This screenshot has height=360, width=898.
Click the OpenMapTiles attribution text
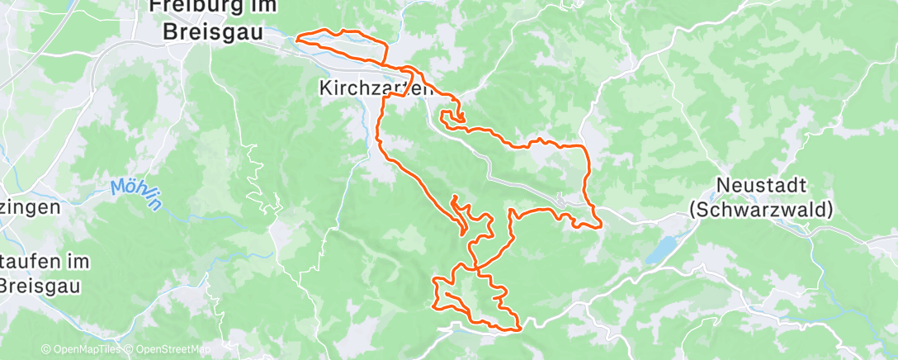86,349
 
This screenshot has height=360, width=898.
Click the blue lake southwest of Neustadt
664,250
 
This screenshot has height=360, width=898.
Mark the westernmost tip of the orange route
297,36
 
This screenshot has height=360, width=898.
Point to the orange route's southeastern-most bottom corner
520,329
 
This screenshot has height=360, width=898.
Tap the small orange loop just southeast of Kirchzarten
451,119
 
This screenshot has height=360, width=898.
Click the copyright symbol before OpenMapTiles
45,349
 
